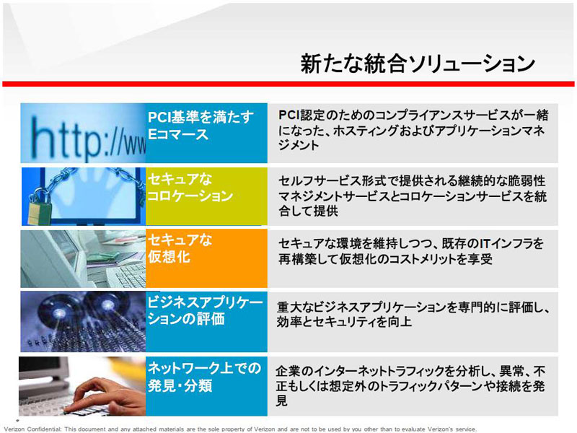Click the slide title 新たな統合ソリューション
418,64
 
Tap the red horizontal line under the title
288,84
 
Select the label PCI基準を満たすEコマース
201,125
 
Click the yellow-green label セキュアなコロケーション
190,188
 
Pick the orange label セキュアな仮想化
180,248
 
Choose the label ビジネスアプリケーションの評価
205,310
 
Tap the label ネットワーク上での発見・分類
204,377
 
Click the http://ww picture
83,133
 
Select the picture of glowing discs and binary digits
83,321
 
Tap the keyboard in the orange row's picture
125,276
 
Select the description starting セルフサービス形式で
412,196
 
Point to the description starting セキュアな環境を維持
410,251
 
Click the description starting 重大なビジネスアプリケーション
413,314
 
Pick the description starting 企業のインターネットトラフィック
410,385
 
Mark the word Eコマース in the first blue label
178,134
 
